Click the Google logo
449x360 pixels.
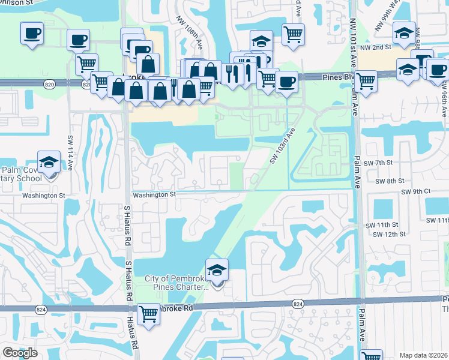tap(20, 353)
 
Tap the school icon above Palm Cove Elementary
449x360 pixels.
tap(49, 162)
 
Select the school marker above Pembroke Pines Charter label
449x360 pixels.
tap(217, 271)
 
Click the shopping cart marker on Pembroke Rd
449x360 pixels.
tap(148, 314)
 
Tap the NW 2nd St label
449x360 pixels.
tap(379, 46)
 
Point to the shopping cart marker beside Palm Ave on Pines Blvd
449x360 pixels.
tap(365, 81)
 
